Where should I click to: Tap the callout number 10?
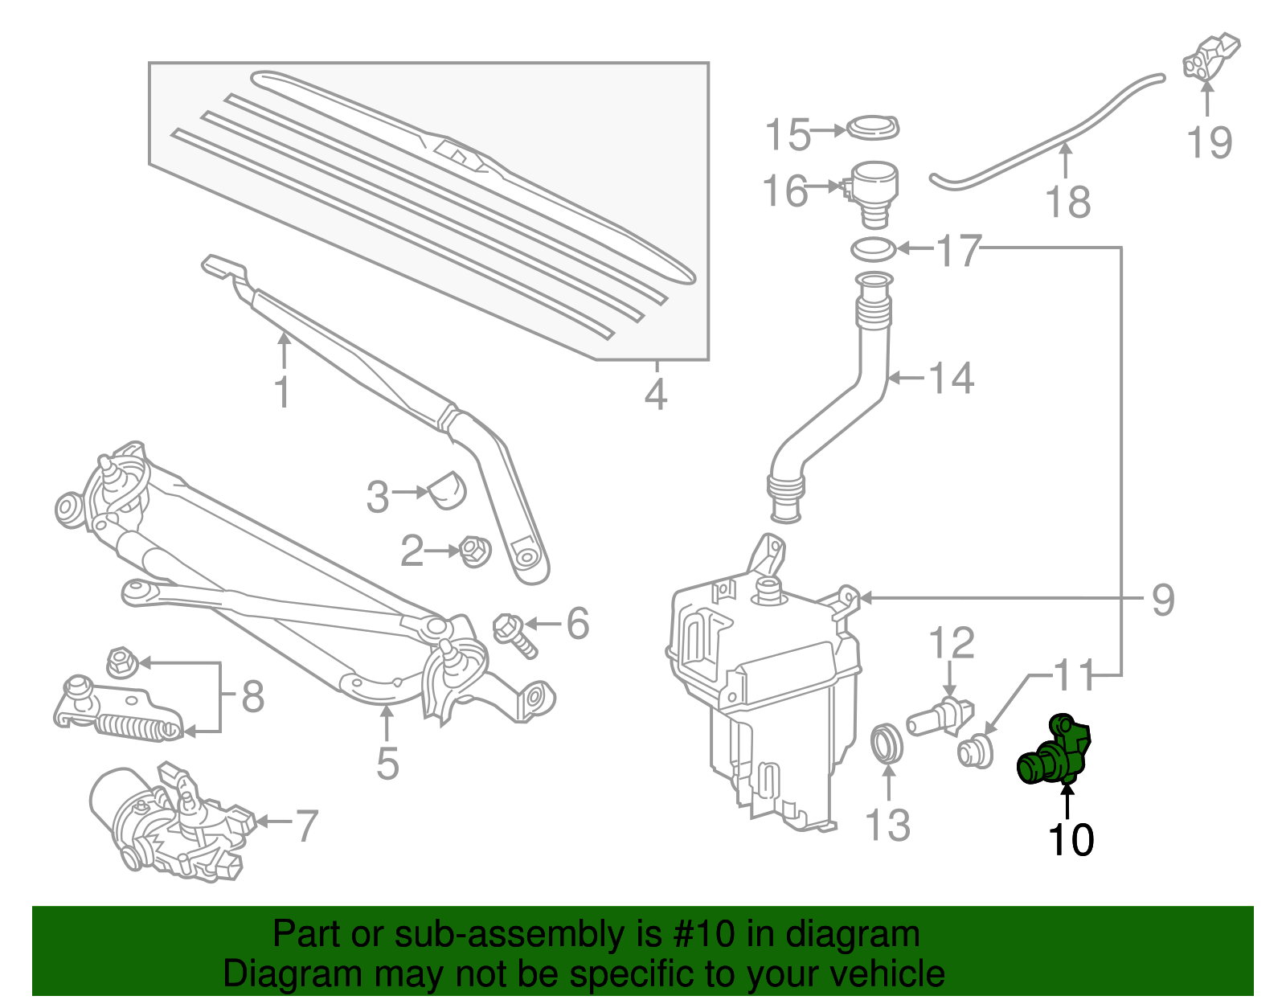1071,840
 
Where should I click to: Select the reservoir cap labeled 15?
874,128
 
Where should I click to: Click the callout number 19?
1209,142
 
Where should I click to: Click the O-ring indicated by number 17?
874,249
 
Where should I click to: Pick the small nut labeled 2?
472,552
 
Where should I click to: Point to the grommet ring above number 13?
887,743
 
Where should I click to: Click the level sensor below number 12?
940,715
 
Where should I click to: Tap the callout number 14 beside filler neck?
952,378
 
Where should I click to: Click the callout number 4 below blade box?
656,395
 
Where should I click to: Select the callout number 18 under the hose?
1068,202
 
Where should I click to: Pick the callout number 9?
1163,600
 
